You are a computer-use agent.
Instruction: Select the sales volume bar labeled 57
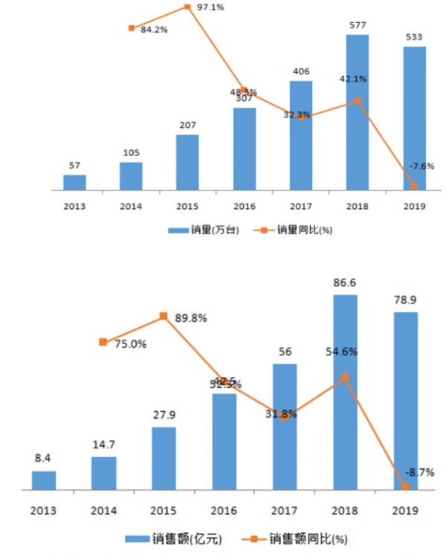(x=74, y=182)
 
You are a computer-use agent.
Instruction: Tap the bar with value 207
(x=187, y=162)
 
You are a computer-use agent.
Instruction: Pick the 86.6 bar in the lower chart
(x=345, y=392)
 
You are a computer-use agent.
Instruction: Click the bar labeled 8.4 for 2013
(x=44, y=480)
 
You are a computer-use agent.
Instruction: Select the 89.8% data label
(x=190, y=318)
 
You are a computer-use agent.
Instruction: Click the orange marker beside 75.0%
(x=103, y=342)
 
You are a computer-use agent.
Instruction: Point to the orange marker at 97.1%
(x=187, y=7)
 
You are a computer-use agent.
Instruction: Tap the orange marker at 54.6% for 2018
(x=345, y=377)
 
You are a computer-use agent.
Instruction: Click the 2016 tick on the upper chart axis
(x=244, y=207)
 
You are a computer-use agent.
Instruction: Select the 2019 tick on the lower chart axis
(x=405, y=511)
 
